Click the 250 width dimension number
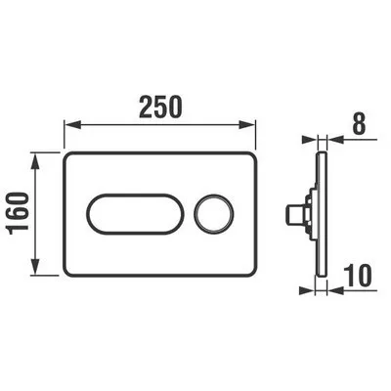[x=159, y=107]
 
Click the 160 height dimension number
[x=18, y=214]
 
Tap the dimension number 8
[x=359, y=124]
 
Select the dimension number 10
[x=358, y=275]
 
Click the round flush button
[x=214, y=214]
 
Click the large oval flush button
[x=135, y=214]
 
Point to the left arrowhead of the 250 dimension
[x=72, y=125]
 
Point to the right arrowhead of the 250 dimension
[x=247, y=125]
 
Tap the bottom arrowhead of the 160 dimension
[x=35, y=267]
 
